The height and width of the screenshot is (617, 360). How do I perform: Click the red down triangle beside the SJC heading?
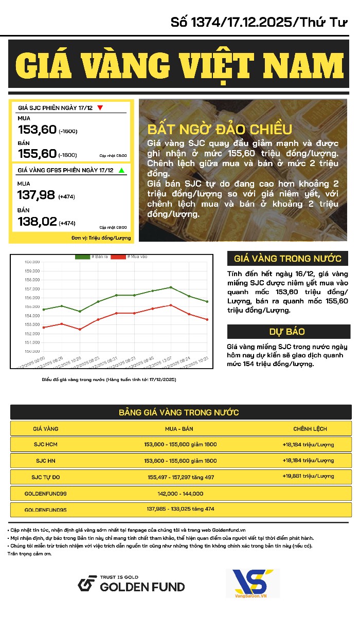100,108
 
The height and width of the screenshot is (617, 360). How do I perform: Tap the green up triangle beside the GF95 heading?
121,170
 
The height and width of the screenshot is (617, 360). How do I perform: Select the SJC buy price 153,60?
37,130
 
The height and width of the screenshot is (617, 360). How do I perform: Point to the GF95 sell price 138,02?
37,222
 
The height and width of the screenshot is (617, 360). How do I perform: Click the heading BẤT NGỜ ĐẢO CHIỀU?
220,129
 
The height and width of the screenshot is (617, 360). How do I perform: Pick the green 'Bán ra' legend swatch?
82,256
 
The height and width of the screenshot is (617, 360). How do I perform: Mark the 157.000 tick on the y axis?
32,288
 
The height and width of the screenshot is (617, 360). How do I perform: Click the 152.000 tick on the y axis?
32,333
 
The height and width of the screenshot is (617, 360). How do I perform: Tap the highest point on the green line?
171,287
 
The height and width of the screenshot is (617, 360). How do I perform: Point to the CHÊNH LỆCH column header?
310,428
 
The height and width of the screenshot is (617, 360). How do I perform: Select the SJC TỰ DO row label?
46,477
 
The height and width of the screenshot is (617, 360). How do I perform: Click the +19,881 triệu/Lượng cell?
308,476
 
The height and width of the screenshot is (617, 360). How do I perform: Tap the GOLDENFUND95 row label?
45,510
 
